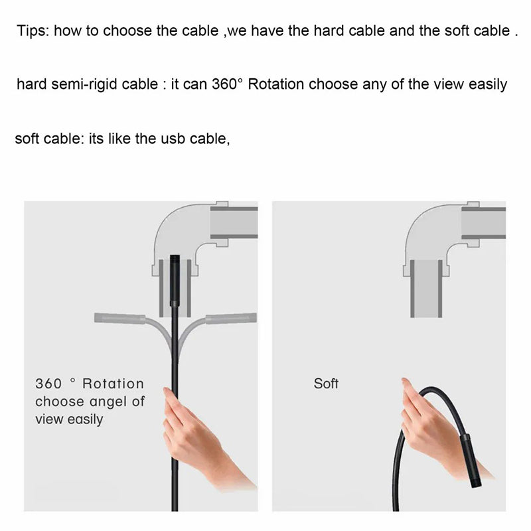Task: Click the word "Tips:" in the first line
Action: [x=33, y=31]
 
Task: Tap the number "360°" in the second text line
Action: [x=227, y=84]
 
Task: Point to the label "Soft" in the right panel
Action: [x=326, y=384]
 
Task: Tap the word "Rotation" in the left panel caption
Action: [x=113, y=384]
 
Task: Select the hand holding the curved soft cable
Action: [x=437, y=430]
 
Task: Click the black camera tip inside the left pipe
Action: [x=175, y=280]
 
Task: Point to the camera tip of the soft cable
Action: [x=471, y=461]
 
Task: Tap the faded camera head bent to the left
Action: [x=120, y=319]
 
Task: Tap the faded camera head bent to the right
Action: [x=231, y=319]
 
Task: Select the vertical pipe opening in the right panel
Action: [x=426, y=289]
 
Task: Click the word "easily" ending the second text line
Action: [x=488, y=84]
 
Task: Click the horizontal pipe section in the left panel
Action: [x=234, y=223]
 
